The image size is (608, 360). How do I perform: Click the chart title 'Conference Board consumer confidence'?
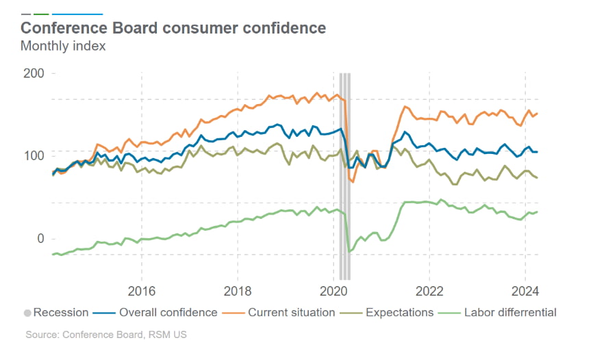click(173, 28)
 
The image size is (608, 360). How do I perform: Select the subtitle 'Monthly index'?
click(63, 47)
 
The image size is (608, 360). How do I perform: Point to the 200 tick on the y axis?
click(34, 74)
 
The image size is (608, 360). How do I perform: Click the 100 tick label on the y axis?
click(34, 156)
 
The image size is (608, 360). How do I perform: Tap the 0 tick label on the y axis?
click(40, 239)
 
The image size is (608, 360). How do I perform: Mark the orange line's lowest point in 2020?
click(353, 182)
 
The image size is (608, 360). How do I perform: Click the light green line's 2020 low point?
click(349, 252)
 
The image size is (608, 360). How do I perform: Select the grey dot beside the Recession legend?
click(27, 313)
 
